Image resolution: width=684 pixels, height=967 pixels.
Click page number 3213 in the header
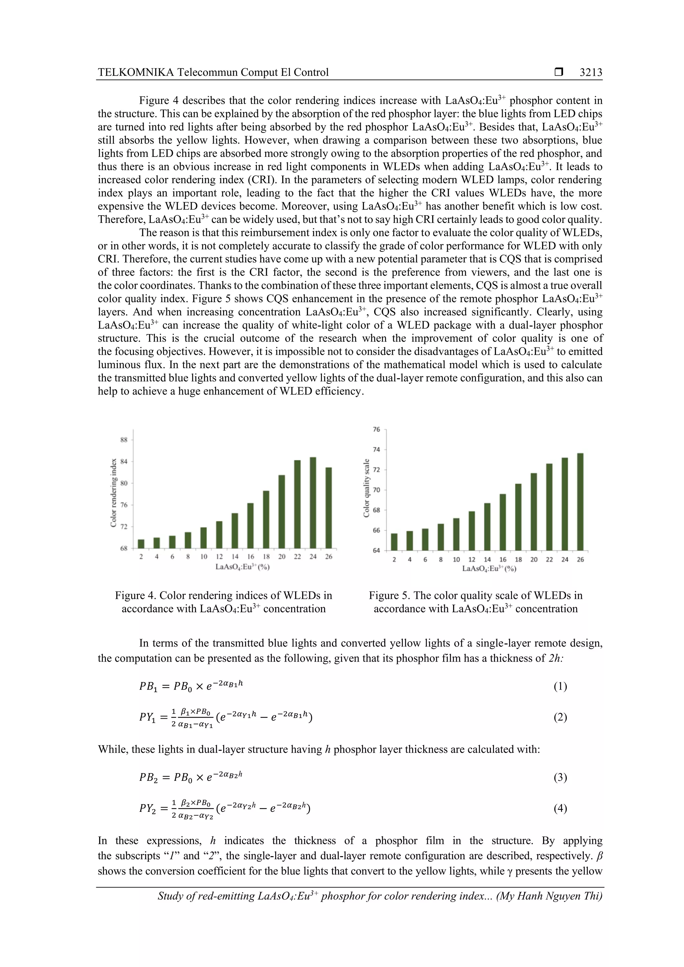point(590,72)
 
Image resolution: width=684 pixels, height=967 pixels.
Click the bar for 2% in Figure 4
point(141,544)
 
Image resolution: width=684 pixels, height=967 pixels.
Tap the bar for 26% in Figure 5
point(580,502)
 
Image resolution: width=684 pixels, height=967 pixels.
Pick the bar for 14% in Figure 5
point(487,526)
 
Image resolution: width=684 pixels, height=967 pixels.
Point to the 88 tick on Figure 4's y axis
point(124,440)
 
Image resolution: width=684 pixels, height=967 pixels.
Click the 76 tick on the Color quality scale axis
point(376,430)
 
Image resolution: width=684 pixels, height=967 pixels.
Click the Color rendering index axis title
point(113,493)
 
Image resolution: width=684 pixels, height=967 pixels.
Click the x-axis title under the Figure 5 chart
point(489,568)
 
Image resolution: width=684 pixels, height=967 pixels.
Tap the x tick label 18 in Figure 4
point(266,557)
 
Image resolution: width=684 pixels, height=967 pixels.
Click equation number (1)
point(560,687)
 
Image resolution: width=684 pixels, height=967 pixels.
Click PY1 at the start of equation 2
point(148,717)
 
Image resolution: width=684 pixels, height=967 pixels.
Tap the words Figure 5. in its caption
point(389,595)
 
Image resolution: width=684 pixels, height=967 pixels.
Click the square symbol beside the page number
point(559,72)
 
